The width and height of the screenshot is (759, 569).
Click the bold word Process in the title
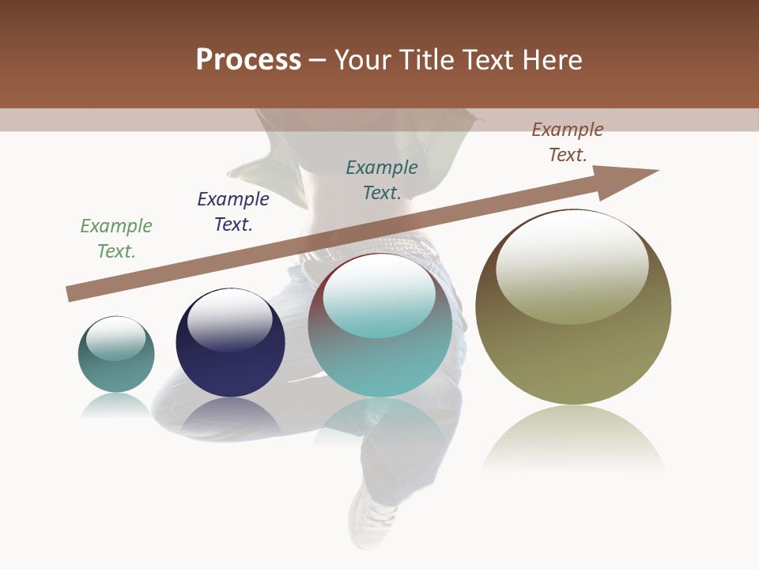point(248,60)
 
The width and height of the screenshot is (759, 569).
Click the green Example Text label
point(116,238)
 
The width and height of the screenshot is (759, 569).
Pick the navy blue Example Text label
point(233,211)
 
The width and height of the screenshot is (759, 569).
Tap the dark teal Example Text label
point(382,179)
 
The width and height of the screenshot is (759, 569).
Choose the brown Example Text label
point(568,141)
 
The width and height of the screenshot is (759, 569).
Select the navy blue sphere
point(230,364)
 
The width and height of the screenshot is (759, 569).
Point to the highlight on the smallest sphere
point(115,337)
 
